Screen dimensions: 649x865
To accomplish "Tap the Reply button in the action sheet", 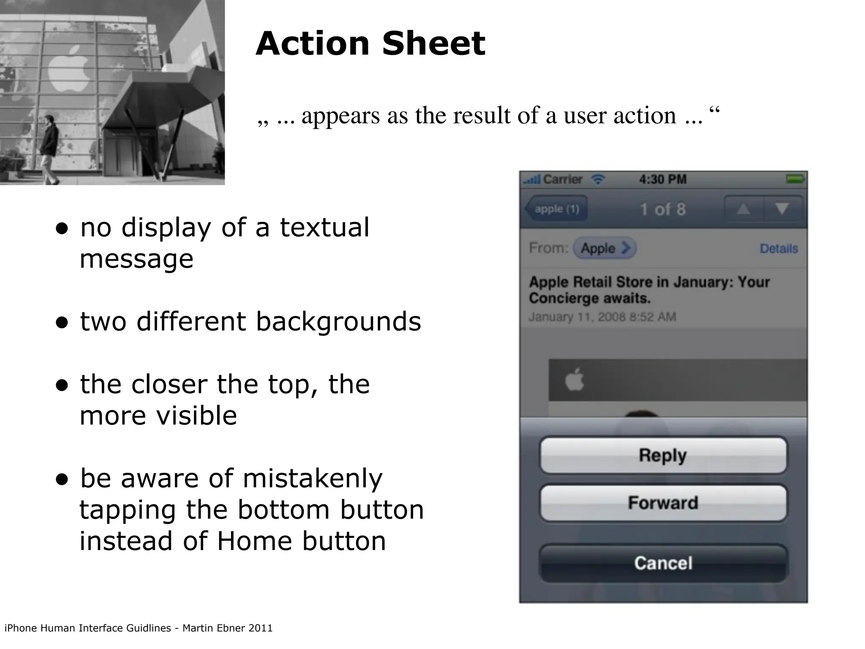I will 663,455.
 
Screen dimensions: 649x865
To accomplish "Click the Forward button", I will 663,503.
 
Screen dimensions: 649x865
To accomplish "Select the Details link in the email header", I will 779,248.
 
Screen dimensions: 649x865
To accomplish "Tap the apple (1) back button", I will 556,209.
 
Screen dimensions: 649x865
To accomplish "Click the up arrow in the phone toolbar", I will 743,209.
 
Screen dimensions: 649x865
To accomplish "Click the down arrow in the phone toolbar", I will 782,209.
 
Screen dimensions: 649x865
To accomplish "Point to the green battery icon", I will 795,179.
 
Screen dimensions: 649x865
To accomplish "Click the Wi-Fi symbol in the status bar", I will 598,180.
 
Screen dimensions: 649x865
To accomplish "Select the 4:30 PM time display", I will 663,180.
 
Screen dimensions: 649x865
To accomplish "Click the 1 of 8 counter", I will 663,209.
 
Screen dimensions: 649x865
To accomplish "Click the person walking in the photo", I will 50,148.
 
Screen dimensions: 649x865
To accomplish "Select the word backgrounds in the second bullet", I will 338,322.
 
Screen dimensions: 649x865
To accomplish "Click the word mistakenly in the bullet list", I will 313,479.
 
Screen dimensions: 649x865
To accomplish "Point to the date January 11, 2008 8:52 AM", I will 602,317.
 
